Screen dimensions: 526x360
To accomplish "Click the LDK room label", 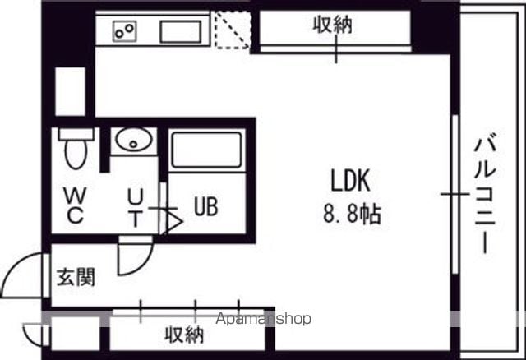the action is click(351, 181).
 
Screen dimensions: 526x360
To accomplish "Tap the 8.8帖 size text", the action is click(352, 214).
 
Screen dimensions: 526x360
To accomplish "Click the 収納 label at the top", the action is click(332, 25).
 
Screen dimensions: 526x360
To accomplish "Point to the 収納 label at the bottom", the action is click(184, 335).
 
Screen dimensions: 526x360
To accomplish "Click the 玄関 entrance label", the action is click(76, 277).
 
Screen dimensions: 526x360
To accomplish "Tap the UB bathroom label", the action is click(206, 206).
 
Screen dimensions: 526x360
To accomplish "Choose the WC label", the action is click(75, 205).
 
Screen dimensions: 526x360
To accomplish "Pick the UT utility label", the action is click(136, 208).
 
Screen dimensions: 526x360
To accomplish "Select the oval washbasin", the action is click(133, 139).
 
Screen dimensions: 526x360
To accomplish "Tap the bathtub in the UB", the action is click(206, 150).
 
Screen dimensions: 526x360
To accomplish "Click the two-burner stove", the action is click(124, 31).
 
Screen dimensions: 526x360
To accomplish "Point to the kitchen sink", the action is click(181, 32).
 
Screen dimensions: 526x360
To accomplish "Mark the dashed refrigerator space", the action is click(233, 30).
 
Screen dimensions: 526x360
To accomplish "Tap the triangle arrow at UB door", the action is click(174, 221).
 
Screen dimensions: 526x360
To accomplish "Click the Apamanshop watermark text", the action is click(263, 319).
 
